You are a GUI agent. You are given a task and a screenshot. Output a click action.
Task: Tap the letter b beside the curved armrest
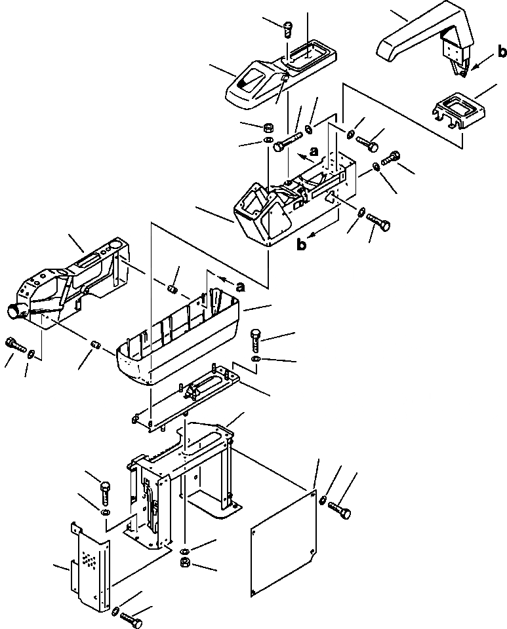point(500,50)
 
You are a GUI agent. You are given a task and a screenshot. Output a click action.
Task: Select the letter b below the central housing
point(301,246)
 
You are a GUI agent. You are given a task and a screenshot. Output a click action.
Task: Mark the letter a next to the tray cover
point(240,286)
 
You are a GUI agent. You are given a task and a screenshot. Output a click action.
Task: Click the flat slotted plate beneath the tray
point(190,396)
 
